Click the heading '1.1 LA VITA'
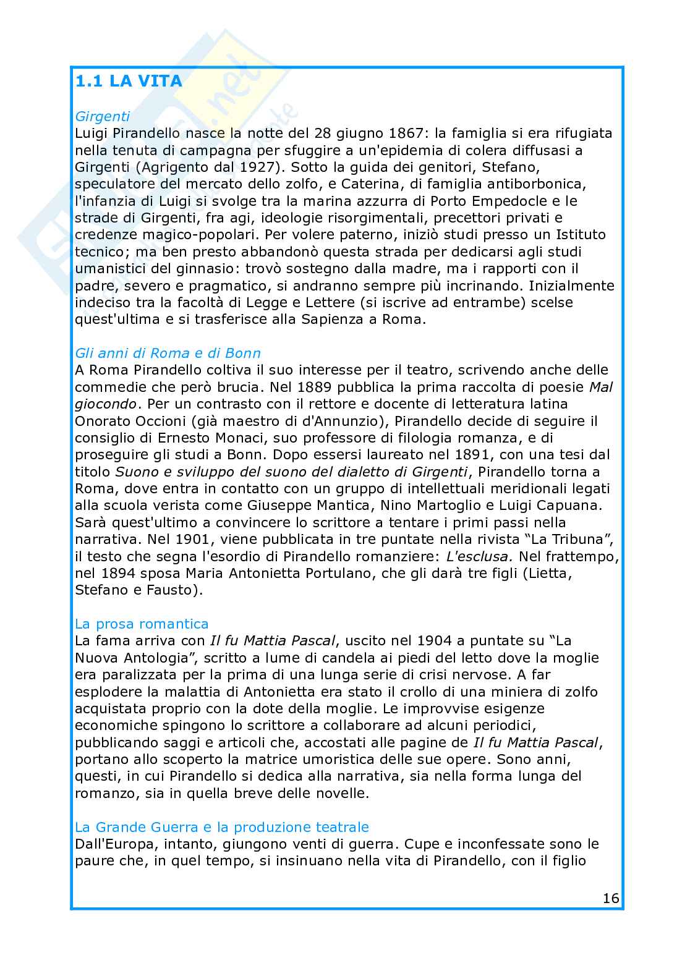(129, 82)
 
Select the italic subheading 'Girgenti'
(102, 116)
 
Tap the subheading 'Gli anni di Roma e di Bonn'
(168, 353)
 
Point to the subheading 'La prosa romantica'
(142, 623)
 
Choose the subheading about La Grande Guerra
(221, 826)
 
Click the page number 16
(611, 898)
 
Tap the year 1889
(315, 387)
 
